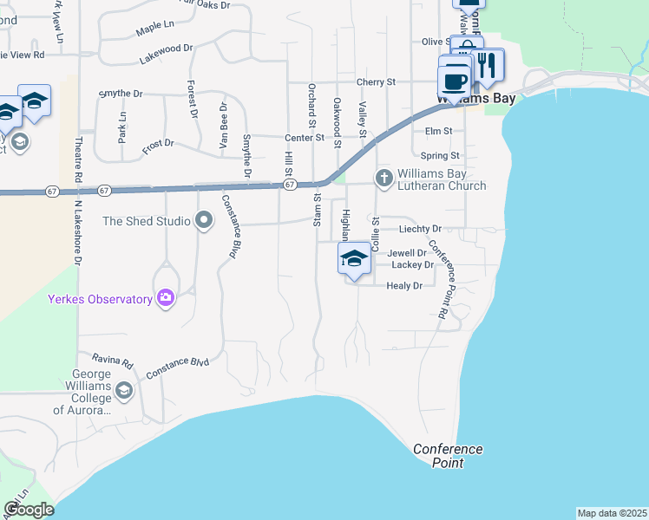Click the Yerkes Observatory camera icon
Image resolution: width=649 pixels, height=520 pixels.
click(x=165, y=299)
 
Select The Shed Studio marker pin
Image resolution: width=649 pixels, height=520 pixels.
click(x=204, y=221)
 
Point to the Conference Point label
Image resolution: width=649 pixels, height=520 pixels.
click(x=448, y=455)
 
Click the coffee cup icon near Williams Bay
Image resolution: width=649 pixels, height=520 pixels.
click(x=454, y=81)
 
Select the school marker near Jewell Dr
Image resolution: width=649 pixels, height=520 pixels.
click(x=354, y=259)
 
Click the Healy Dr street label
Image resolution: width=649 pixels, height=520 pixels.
click(x=404, y=285)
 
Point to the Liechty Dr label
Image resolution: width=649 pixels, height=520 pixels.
click(x=420, y=229)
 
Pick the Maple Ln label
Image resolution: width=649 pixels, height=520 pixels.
click(x=155, y=31)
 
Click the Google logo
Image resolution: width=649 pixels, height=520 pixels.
click(x=29, y=510)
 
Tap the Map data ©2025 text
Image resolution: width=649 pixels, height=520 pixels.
click(x=612, y=513)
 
